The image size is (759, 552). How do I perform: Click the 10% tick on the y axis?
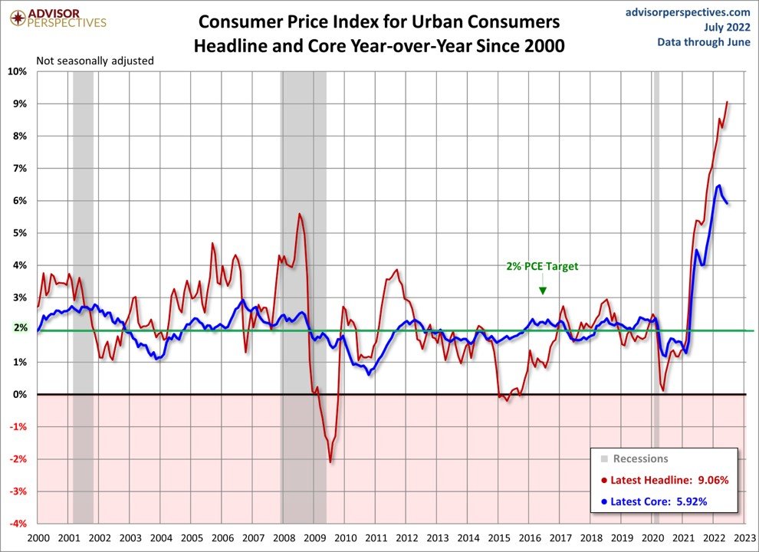click(x=18, y=71)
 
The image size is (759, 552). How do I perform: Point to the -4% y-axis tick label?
click(x=17, y=524)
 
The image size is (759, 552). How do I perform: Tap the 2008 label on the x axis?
click(x=283, y=538)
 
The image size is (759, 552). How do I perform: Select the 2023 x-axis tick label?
click(x=744, y=538)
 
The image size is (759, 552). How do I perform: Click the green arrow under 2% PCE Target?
click(x=542, y=290)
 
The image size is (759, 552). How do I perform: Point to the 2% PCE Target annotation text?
click(x=542, y=267)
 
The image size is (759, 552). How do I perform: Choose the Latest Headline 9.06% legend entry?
click(x=664, y=480)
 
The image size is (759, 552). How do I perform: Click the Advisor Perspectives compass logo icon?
click(x=13, y=15)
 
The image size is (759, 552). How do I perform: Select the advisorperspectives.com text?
click(x=688, y=11)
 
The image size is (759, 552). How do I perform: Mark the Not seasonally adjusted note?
click(x=95, y=60)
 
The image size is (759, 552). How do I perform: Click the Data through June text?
click(x=703, y=41)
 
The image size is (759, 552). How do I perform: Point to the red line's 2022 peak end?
click(x=728, y=103)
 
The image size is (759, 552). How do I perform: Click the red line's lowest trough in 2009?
click(x=330, y=462)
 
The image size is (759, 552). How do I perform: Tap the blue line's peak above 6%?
click(x=718, y=186)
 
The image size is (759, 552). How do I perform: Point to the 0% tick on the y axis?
click(x=21, y=394)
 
